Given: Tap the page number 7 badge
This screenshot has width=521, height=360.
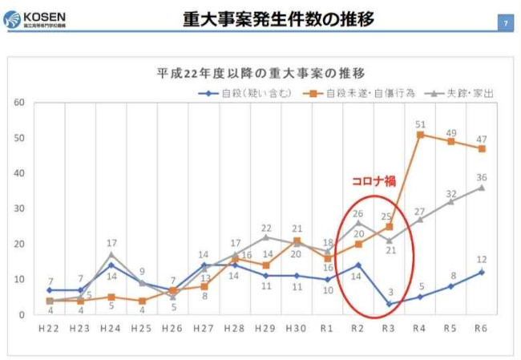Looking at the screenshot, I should tap(505, 23).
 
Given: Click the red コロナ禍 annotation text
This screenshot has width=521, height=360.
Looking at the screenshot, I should tap(373, 181).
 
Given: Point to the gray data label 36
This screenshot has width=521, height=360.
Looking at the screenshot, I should tap(483, 177).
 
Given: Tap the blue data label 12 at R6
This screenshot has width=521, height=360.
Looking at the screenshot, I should tap(483, 260).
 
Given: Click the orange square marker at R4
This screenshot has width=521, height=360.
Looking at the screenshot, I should tap(420, 135).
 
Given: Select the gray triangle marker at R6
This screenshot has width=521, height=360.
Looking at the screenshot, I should tap(482, 188).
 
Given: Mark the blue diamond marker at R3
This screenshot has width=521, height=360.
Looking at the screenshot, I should tap(390, 304).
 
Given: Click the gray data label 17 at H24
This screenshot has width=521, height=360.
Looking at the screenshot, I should tap(112, 243).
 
